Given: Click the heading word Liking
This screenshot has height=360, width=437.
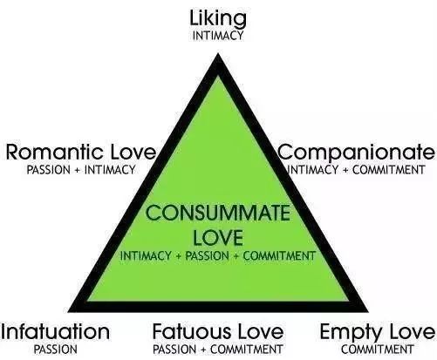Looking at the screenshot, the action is click(218, 19).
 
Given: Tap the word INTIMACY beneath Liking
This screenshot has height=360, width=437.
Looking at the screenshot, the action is click(218, 36).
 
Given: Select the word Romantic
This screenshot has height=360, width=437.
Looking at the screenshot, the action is click(54, 152).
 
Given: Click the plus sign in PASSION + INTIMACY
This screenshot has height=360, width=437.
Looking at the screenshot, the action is click(77, 170).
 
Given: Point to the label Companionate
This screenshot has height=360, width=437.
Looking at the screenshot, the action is click(357, 153).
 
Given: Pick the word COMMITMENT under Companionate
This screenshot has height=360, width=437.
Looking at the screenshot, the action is click(389, 170).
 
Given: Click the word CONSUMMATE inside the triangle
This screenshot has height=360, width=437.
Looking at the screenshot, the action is click(218, 213).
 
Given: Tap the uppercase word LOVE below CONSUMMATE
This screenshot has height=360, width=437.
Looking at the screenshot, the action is click(218, 237).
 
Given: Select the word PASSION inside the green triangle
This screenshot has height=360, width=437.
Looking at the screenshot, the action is click(207, 255).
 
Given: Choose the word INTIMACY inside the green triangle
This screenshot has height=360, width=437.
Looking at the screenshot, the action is click(146, 255).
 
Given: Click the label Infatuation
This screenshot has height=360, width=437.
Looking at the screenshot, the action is click(55, 331).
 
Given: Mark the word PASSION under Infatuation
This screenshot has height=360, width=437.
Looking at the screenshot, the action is click(56, 350).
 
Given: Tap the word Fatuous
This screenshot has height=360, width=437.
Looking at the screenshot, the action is click(192, 331).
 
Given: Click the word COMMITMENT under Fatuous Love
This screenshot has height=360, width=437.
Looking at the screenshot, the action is click(247, 350).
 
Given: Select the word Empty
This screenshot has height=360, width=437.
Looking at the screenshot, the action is click(351, 333).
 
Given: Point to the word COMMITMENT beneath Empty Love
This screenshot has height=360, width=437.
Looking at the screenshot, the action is click(378, 350).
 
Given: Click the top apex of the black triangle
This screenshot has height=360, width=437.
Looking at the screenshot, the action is click(218, 53).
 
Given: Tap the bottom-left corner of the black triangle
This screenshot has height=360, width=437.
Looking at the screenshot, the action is click(68, 312).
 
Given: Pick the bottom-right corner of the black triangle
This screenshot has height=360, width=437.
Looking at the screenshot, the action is click(368, 312).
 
